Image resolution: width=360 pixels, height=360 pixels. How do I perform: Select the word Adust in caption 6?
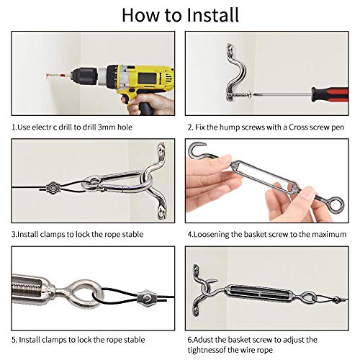point(206,339)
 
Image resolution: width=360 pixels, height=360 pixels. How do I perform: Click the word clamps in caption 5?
point(63,339)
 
